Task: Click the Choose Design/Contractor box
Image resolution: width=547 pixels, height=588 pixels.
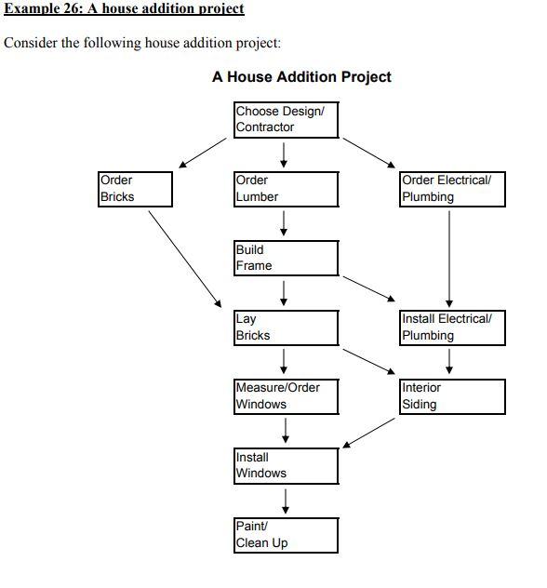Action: [x=285, y=119]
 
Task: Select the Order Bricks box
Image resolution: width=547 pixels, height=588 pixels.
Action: [x=135, y=188]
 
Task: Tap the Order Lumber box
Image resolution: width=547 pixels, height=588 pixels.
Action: [x=286, y=188]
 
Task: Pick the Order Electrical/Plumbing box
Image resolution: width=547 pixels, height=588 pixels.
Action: [x=453, y=188]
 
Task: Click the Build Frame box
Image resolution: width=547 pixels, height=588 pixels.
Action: [x=286, y=258]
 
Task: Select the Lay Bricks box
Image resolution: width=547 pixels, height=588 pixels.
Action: [x=286, y=327]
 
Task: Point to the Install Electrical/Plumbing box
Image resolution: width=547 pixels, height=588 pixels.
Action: [x=453, y=327]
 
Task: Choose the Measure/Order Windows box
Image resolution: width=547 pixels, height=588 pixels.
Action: [x=286, y=396]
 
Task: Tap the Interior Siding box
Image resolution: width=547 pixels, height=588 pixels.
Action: [x=453, y=396]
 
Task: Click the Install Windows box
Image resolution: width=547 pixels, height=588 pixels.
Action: [x=286, y=465]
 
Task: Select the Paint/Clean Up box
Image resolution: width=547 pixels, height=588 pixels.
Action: [x=286, y=535]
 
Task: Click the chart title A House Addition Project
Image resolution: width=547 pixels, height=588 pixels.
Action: [x=301, y=77]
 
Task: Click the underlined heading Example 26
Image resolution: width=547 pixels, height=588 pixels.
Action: [x=125, y=9]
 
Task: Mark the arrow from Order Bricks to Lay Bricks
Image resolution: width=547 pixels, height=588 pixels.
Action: [x=185, y=258]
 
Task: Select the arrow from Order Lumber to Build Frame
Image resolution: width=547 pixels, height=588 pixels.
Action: [x=284, y=223]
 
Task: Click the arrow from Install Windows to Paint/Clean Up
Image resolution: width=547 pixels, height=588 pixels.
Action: [x=286, y=501]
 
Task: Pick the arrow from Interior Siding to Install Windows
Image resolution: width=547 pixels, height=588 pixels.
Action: [x=369, y=433]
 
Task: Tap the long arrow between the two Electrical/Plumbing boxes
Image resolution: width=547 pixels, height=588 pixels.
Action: [x=449, y=258]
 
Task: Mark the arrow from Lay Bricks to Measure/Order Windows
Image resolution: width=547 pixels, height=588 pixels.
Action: [x=284, y=361]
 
